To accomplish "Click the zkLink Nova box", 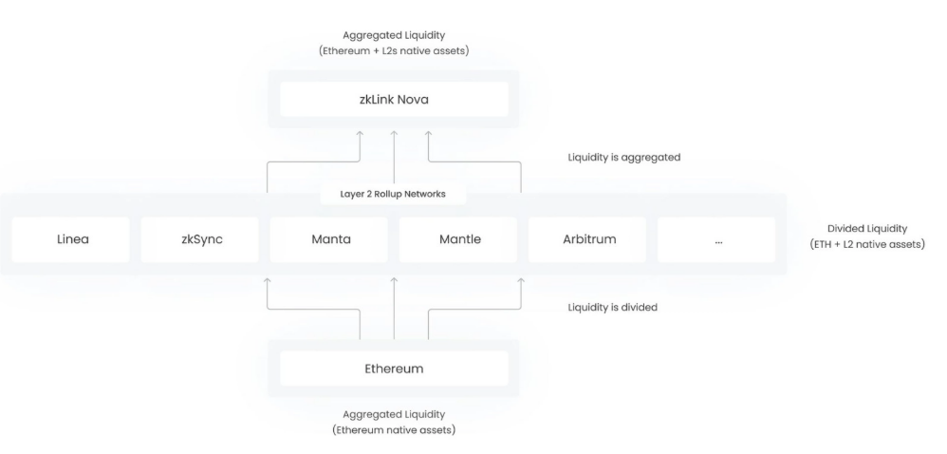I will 394,99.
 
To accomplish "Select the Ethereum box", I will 394,368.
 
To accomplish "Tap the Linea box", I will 70,239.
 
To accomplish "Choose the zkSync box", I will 199,239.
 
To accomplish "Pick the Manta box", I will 329,239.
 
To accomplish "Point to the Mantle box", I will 458,239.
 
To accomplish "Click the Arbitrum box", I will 587,239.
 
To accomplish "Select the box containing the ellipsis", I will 716,239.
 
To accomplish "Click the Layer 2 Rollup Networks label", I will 394,194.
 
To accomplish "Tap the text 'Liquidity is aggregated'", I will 625,158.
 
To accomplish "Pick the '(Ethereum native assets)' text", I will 394,430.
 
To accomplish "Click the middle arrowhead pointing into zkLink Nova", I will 394,136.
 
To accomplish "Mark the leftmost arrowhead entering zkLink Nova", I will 361,136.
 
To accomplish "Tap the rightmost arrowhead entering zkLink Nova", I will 427,136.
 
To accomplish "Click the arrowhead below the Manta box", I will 267,281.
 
